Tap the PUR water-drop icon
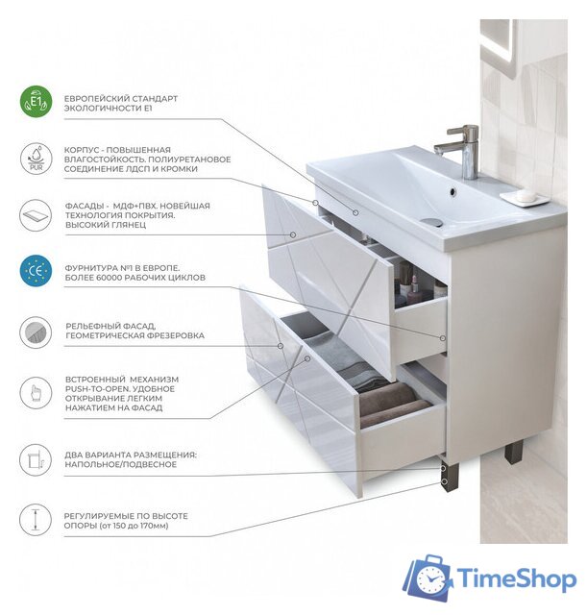click(x=36, y=159)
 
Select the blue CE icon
click(x=36, y=271)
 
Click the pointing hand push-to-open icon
click(x=36, y=393)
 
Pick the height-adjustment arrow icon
click(x=36, y=520)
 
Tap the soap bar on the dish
click(x=525, y=194)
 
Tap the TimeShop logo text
click(x=517, y=578)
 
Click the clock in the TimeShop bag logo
click(x=430, y=579)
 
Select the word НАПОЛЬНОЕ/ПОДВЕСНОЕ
click(x=121, y=464)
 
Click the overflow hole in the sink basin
click(x=452, y=192)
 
